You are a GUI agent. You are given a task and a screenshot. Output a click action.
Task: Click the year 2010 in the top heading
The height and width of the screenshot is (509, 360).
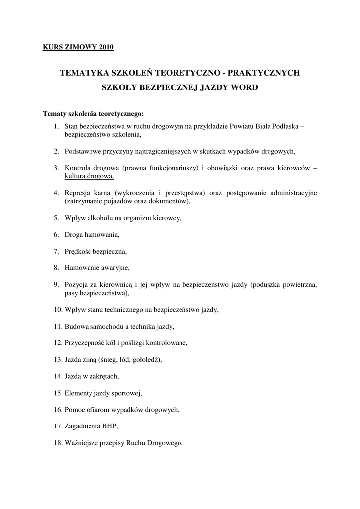tap(106, 48)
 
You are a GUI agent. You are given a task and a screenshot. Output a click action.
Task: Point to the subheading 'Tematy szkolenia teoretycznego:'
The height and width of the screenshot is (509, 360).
tap(93, 113)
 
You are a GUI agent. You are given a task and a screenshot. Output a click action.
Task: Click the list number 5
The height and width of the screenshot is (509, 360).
tap(57, 218)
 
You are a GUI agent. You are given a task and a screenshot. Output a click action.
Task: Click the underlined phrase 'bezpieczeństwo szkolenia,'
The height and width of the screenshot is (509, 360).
tap(103, 134)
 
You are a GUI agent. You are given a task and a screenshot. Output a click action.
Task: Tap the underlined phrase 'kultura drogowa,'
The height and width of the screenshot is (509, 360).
tap(89, 176)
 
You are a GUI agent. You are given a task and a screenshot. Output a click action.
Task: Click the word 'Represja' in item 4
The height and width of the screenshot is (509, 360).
tap(77, 193)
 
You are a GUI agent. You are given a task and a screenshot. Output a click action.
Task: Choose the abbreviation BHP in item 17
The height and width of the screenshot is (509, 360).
tap(110, 426)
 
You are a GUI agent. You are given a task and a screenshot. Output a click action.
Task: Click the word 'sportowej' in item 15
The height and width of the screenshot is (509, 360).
tap(127, 393)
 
